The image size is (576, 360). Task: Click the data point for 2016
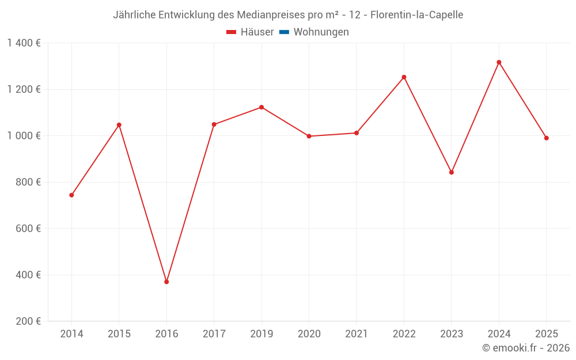tap(166, 282)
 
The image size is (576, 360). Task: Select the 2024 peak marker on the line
tap(499, 62)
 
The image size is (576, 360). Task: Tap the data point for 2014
tap(71, 195)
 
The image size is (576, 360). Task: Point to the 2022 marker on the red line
tap(404, 77)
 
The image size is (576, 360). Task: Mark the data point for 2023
tap(452, 172)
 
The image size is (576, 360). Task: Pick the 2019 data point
tap(262, 107)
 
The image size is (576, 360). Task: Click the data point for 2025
tap(546, 138)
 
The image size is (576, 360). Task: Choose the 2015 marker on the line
tap(119, 125)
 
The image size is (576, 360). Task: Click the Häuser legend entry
tap(250, 32)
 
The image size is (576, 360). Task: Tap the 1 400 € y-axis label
tap(24, 43)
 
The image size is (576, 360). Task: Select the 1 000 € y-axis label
tap(24, 136)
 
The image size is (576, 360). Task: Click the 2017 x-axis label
tap(214, 334)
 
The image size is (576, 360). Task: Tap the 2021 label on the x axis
tap(357, 334)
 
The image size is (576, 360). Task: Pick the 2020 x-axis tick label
tap(309, 334)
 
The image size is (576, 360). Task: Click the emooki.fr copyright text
tap(526, 348)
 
